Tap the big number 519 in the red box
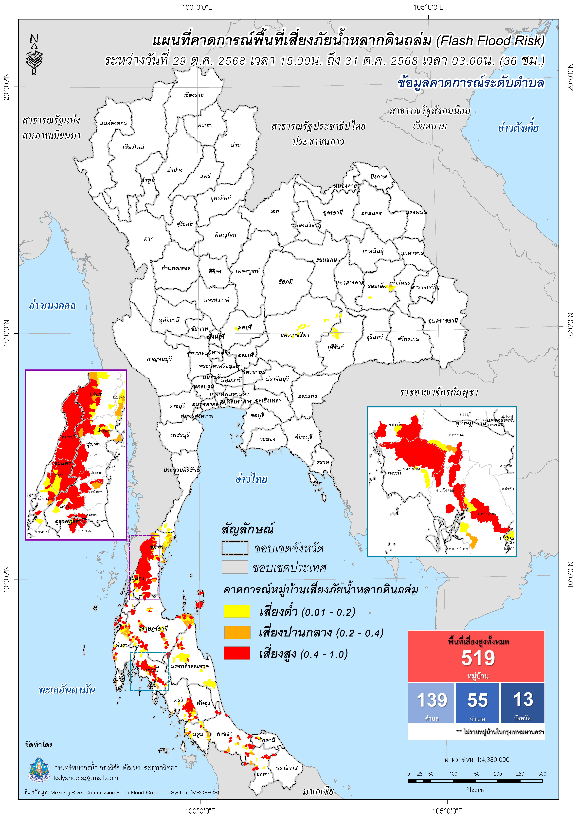click(x=478, y=658)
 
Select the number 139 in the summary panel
click(x=432, y=700)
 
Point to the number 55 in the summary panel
click(x=477, y=700)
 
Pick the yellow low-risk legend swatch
click(x=236, y=611)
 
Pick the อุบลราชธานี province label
click(x=443, y=321)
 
